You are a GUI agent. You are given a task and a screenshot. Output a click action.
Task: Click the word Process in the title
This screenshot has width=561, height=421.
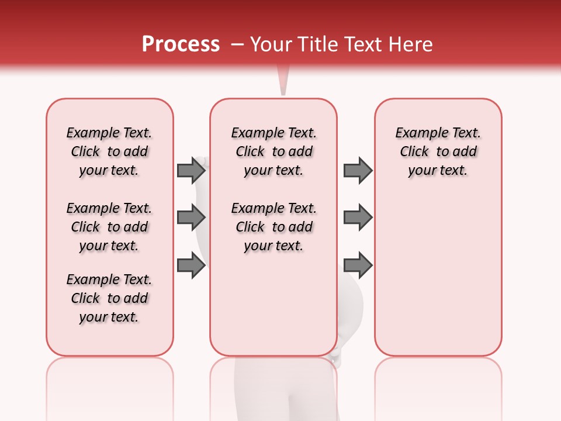coord(181,44)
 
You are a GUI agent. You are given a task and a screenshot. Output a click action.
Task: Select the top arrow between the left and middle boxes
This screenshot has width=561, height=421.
coord(191,170)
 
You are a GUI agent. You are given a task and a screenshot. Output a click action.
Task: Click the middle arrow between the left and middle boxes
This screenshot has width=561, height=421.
coord(191,218)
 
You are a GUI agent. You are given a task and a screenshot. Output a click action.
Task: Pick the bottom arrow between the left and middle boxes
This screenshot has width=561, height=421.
coord(191,265)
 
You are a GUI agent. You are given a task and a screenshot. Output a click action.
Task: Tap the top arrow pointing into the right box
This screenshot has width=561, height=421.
coord(358,170)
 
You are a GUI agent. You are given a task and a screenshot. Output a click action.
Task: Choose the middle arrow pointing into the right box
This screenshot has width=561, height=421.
coord(358,218)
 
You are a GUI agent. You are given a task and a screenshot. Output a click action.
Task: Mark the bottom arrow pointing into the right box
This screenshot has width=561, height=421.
coord(358,265)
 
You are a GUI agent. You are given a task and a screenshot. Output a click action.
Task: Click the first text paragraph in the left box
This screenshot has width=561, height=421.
coord(109,151)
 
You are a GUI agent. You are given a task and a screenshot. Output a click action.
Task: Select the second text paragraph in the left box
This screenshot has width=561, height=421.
coord(109,227)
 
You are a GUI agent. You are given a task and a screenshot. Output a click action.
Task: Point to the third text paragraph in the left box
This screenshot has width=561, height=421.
coord(109,298)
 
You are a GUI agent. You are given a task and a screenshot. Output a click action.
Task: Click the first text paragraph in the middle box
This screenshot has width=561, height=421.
coord(273,151)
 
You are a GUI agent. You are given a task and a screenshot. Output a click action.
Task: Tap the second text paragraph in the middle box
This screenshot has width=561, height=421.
coord(273,227)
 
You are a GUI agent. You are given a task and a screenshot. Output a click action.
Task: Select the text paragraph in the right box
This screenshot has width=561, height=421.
coord(438,151)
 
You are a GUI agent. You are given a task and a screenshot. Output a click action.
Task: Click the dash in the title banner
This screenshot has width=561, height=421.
coord(237,44)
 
